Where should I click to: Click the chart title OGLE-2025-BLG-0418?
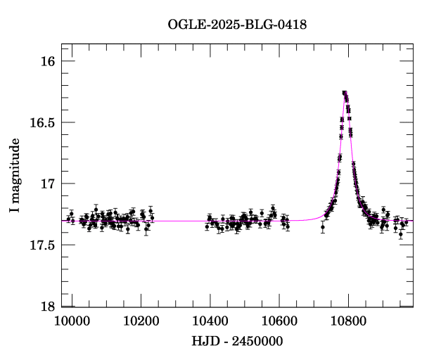[237, 25]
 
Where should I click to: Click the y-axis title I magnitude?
[15, 176]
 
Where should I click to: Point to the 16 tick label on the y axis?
[48, 62]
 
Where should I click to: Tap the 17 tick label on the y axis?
[48, 184]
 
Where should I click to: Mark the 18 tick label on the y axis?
[48, 307]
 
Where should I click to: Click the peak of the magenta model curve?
[345, 92]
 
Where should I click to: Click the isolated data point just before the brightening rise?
[323, 227]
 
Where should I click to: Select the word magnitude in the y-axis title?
[15, 168]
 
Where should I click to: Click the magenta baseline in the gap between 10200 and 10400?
[183, 221]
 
